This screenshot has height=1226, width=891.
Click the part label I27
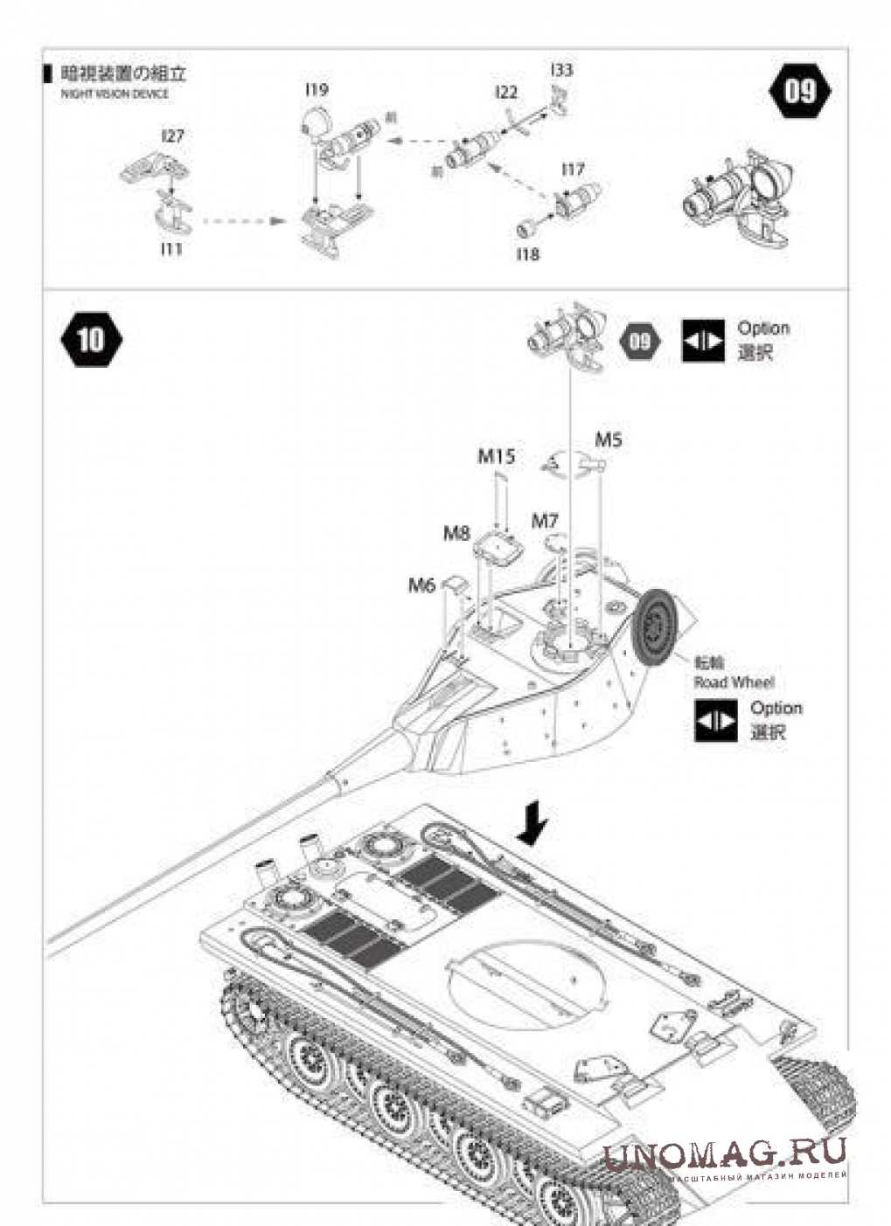coord(172,136)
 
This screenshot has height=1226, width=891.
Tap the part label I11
coord(171,249)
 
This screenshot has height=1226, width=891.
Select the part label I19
coord(317,89)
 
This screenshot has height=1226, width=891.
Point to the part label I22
coord(505,92)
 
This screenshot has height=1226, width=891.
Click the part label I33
coord(562,70)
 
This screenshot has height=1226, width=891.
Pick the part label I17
coord(573,169)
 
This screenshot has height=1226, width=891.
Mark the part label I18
coord(527,254)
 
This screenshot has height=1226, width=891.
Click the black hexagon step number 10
coord(91,339)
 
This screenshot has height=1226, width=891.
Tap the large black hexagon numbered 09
coord(800,90)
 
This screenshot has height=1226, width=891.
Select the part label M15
coord(496,456)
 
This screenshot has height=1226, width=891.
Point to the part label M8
coord(456,532)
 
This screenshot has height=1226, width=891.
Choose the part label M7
coord(545,521)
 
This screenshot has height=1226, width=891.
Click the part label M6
coord(421,585)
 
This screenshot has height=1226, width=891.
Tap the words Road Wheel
coord(734,682)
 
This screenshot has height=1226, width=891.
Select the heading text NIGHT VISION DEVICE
coord(115,94)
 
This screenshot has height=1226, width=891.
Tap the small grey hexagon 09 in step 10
coord(641,340)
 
